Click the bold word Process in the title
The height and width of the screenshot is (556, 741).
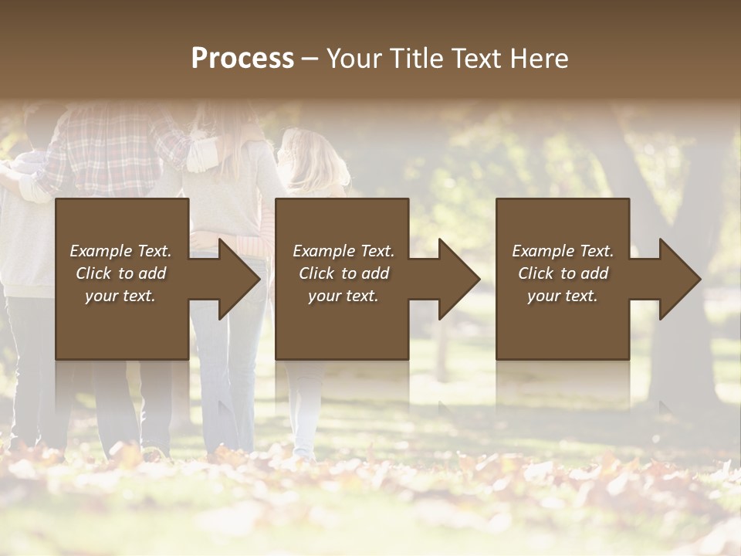[242, 59]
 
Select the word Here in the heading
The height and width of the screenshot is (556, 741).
[540, 59]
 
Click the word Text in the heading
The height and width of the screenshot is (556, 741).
[477, 59]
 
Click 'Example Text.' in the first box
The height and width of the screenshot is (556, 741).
[120, 251]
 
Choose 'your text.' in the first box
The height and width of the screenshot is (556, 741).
[120, 296]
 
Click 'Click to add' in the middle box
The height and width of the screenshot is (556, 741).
[343, 273]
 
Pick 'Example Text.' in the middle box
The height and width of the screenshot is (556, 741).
[343, 251]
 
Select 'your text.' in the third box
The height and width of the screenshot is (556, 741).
[563, 296]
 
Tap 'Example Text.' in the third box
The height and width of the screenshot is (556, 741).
[563, 251]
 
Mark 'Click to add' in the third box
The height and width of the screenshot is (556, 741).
[563, 273]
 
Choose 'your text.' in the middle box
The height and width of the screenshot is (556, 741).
[343, 296]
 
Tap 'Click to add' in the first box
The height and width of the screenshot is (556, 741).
[120, 273]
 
